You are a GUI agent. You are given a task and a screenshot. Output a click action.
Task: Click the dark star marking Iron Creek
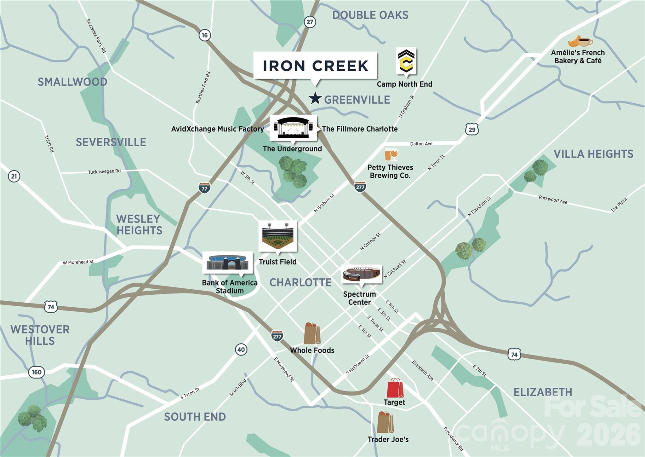pos(315,98)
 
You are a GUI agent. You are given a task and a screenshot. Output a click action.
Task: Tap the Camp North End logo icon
pos(406,61)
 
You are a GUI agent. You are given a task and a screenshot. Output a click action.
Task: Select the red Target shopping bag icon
pos(395,388)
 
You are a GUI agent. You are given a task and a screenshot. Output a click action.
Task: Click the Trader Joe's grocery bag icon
pos(385,422)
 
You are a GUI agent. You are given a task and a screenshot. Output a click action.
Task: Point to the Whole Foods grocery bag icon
pos(312,333)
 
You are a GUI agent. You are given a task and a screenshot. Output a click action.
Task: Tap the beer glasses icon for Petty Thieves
pos(391,154)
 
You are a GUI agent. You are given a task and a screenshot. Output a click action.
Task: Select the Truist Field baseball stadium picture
pos(277,236)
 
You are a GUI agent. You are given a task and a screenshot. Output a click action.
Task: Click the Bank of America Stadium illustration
pos(227,262)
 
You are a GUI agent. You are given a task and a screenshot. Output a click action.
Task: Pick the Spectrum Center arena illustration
pos(361,274)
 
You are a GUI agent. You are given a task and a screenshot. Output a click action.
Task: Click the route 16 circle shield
pos(205,35)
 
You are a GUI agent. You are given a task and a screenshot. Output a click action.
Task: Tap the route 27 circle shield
pos(310,22)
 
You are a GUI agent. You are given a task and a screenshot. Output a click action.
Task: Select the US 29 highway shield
pos(472,129)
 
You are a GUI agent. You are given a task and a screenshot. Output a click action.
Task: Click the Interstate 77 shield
pos(204,188)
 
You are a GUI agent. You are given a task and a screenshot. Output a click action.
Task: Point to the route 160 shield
pos(37,372)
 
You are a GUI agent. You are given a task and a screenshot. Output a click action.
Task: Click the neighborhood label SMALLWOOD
pos(72,82)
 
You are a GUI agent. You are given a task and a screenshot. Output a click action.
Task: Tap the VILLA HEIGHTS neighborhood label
pos(593,154)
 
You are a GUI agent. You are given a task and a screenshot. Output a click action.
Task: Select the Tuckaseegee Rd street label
pos(104,171)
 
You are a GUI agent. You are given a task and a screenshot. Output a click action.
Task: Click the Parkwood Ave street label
pos(553,200)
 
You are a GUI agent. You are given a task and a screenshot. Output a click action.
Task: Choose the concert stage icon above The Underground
pos(293,128)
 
